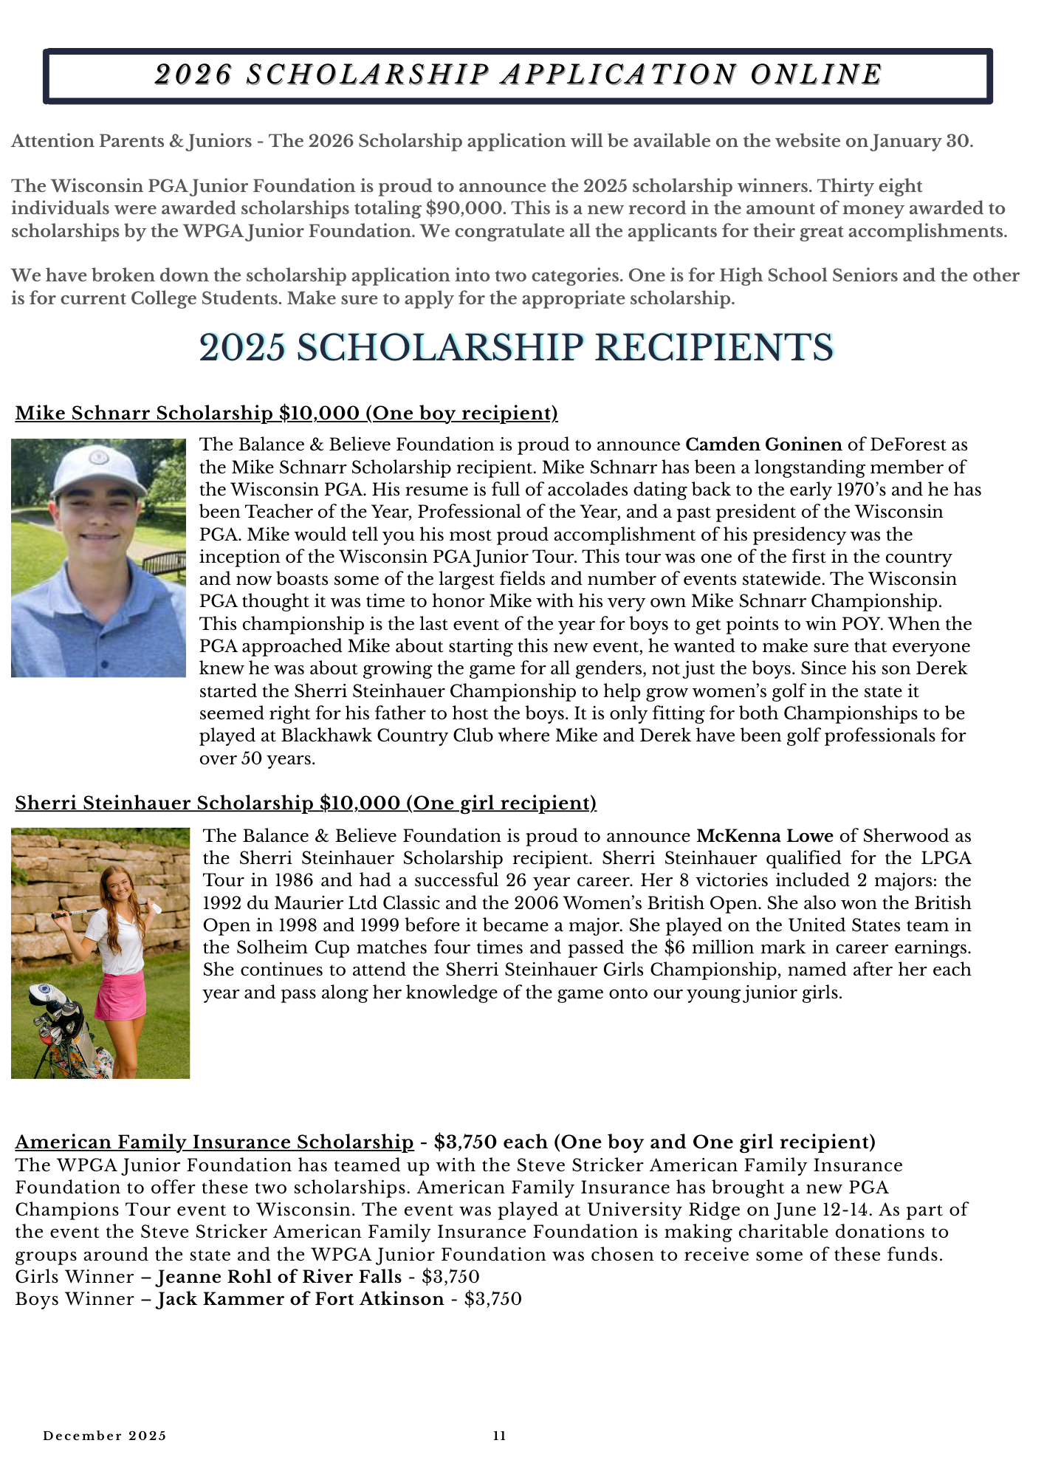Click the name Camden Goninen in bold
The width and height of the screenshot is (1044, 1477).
coord(763,445)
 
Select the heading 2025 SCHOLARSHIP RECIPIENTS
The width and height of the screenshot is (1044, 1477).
coord(516,347)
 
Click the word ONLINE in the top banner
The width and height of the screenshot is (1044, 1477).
coord(816,75)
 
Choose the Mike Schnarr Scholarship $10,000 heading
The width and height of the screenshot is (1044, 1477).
coord(286,414)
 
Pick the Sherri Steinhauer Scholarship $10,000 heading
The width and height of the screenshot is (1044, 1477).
coord(306,803)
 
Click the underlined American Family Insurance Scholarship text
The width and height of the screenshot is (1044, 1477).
coord(214,1142)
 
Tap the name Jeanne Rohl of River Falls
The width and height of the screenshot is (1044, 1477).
coord(280,1277)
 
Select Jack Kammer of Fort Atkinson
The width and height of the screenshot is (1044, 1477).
coord(301,1299)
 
